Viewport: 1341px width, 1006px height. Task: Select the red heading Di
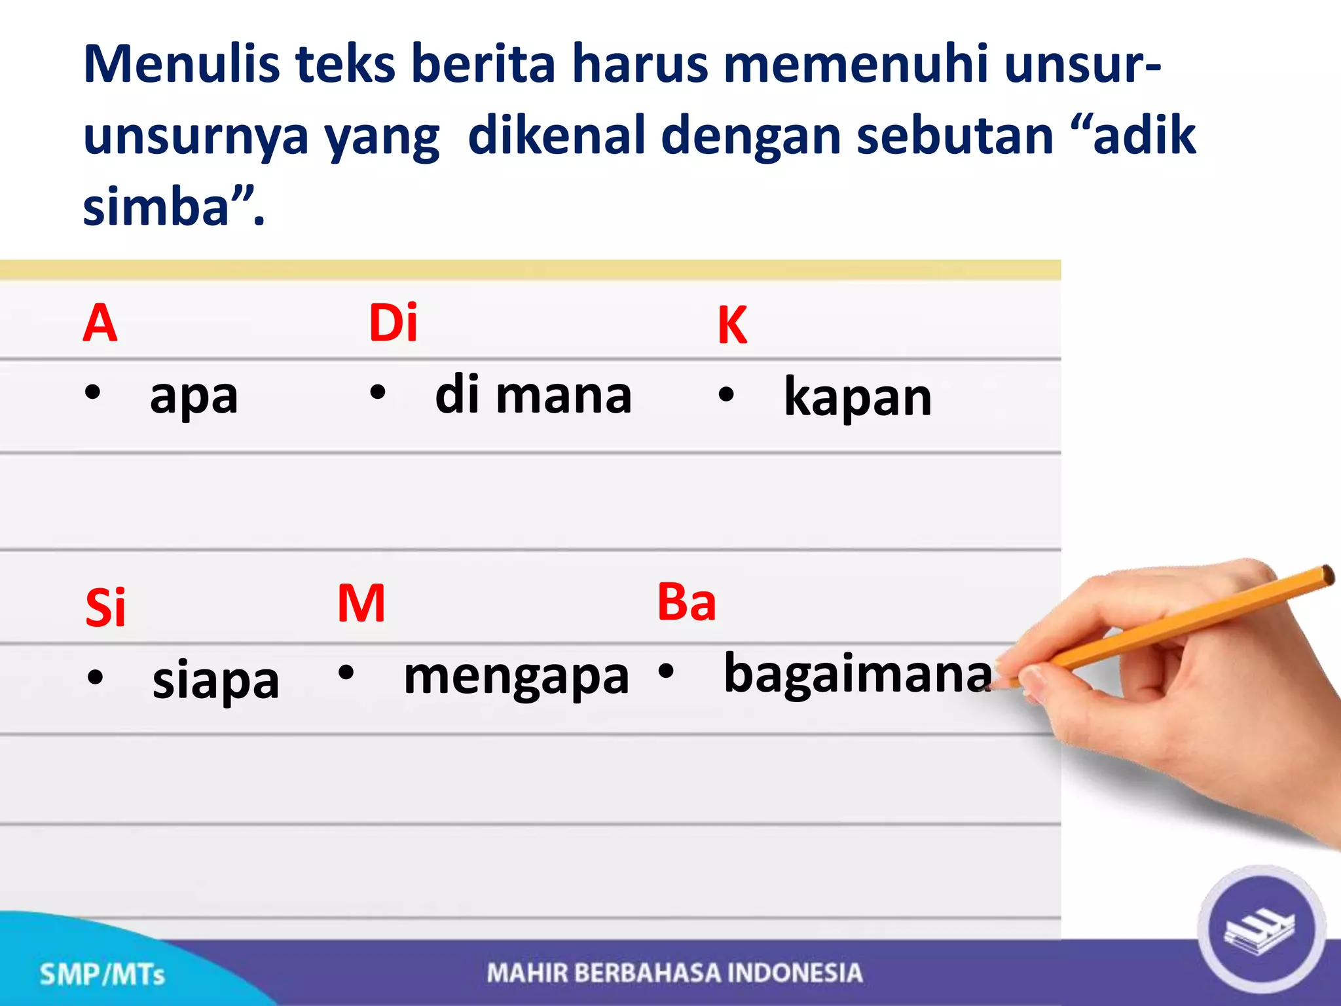coord(393,322)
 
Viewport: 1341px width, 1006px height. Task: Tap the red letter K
coord(732,326)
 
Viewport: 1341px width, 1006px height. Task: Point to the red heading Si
coord(105,608)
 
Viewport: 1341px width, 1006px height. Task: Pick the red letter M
coord(361,603)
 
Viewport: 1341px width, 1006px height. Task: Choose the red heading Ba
coord(686,601)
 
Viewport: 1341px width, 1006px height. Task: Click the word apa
coord(194,397)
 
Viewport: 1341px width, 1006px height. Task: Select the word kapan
coord(858,397)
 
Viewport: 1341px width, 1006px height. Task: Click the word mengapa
coord(516,677)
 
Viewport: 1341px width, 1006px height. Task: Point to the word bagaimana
coord(858,673)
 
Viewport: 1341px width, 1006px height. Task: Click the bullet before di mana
coord(378,393)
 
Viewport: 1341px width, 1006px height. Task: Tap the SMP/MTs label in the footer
coord(102,975)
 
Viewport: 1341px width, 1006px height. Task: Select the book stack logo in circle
coord(1260,930)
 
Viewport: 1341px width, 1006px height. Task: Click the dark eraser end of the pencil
coord(1326,575)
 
